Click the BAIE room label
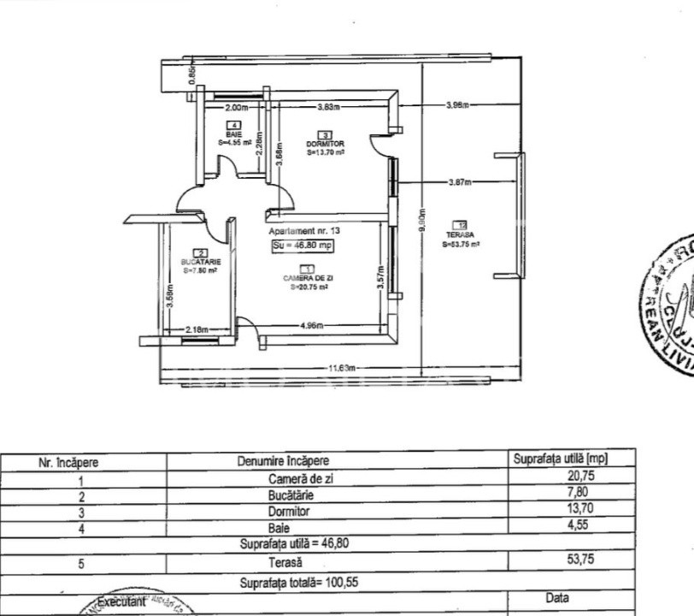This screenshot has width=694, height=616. pos(234,135)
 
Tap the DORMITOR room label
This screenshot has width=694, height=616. pos(325,144)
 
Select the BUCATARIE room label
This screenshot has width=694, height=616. pos(201,261)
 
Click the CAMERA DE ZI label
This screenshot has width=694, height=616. pos(309,278)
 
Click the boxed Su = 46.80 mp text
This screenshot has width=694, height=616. pos(302,246)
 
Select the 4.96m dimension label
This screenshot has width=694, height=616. pos(311,325)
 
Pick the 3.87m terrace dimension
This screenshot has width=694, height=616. pos(460,182)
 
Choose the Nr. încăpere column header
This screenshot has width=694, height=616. pos(69,462)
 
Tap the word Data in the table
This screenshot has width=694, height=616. pos(556,598)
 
